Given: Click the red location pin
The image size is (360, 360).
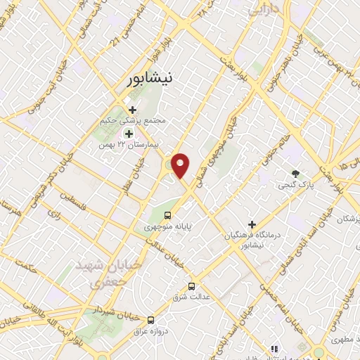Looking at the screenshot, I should coord(181,165).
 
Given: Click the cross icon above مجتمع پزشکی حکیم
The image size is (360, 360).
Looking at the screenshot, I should coord(132,109).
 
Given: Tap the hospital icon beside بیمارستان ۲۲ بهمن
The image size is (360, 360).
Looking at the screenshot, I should coord(128,133).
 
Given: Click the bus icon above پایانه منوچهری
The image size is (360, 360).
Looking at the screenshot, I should coord(167,215).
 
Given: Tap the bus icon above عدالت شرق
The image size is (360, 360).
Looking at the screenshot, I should coord(191,286).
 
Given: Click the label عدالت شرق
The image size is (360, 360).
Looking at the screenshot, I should coord(191,297).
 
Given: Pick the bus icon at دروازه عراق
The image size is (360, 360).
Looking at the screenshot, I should coord(150,319).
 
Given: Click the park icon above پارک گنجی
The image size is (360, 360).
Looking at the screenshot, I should coord(295,174).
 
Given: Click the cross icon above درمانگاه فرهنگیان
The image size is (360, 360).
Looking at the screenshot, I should coord(252,224).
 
